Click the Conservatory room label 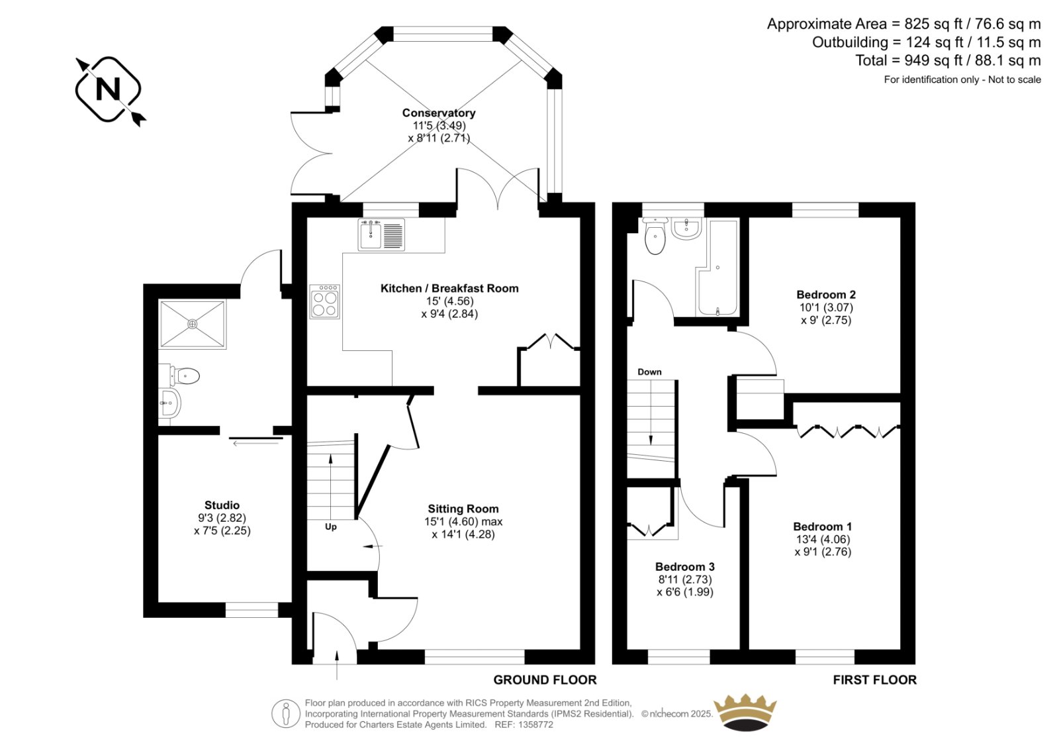click(439, 113)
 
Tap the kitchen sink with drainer click(381, 234)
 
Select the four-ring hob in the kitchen click(325, 301)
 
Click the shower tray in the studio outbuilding click(192, 324)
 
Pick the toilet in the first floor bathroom click(655, 236)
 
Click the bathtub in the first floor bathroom click(717, 267)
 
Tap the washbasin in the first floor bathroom click(686, 228)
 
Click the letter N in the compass click(109, 89)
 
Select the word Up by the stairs click(331, 526)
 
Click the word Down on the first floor click(649, 372)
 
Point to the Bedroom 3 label click(685, 566)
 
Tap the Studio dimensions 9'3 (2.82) click(222, 518)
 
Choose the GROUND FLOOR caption click(545, 680)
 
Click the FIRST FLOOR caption click(874, 680)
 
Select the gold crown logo click(745, 712)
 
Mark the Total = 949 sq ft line click(948, 60)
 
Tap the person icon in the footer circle click(285, 713)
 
